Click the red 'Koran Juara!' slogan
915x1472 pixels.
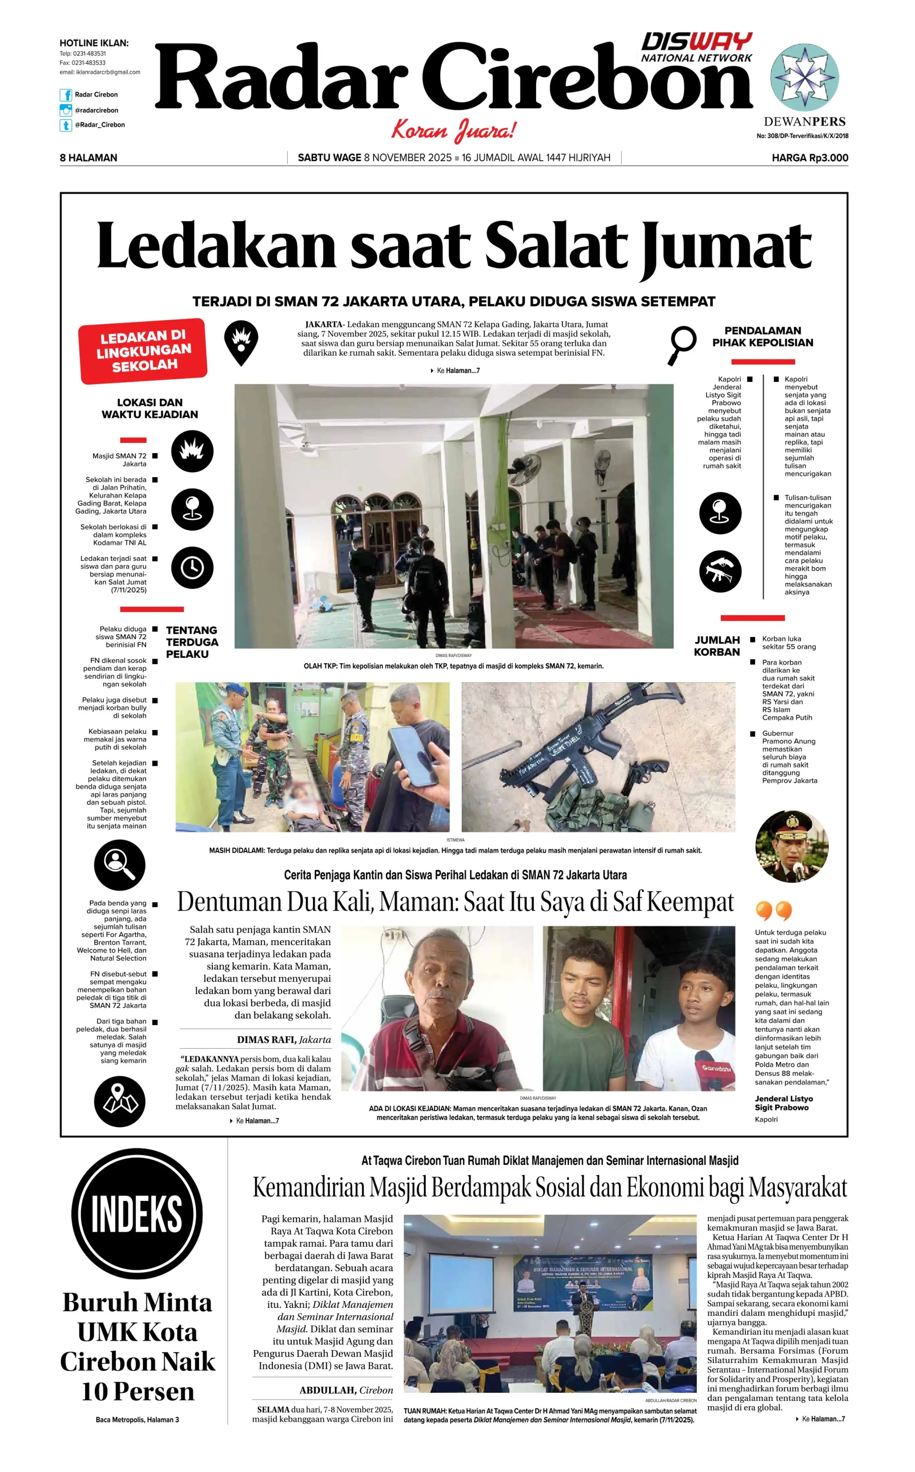[x=453, y=130]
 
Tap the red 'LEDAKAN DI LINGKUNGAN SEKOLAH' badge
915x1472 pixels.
[x=143, y=351]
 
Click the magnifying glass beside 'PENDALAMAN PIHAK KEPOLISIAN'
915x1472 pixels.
[x=682, y=344]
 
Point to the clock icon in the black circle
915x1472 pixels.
[x=193, y=568]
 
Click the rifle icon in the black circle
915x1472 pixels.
[x=720, y=571]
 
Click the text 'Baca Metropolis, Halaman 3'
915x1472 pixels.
[x=137, y=1419]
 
